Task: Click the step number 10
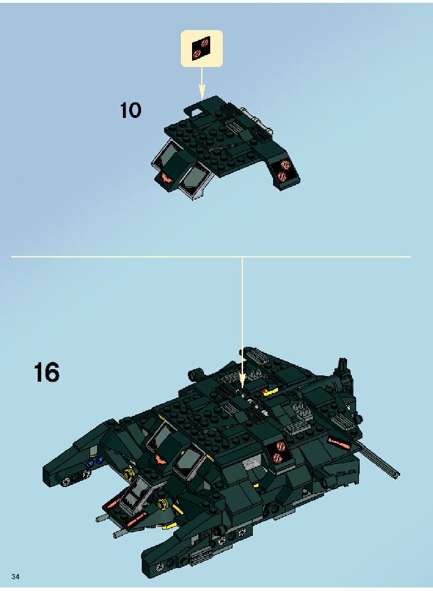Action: [x=131, y=110]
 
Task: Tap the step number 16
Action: [x=47, y=372]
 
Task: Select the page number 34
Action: [x=15, y=576]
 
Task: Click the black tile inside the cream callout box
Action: [x=201, y=49]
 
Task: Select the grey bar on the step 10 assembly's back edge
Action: [x=256, y=119]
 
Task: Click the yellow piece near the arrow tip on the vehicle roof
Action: [x=271, y=392]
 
